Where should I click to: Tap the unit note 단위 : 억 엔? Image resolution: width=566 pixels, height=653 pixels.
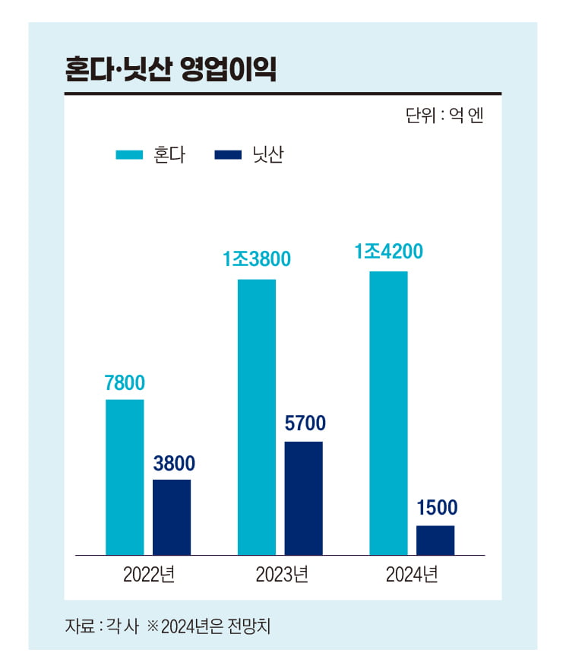pos(444,116)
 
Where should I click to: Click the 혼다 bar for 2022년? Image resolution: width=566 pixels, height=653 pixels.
pos(125,477)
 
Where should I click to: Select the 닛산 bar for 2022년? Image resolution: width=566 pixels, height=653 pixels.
pos(172,517)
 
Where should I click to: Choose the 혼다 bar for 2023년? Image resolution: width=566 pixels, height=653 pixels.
pos(257,417)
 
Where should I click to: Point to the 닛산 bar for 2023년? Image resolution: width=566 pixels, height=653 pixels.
pos(303,498)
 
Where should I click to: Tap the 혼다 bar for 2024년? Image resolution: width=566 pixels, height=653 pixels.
pos(388,413)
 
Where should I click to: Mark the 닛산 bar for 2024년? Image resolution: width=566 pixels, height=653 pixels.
pos(435,540)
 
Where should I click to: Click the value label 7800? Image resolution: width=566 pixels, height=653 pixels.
pos(125,383)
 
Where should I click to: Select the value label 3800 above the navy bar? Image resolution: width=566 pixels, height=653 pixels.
pos(174,463)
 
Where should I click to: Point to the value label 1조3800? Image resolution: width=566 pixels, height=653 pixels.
pos(257,260)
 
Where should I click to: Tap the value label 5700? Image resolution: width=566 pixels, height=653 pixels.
pos(304,423)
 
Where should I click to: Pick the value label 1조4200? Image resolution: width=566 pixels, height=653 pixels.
pos(388,252)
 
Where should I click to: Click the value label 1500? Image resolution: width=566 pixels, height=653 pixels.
pos(437,508)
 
